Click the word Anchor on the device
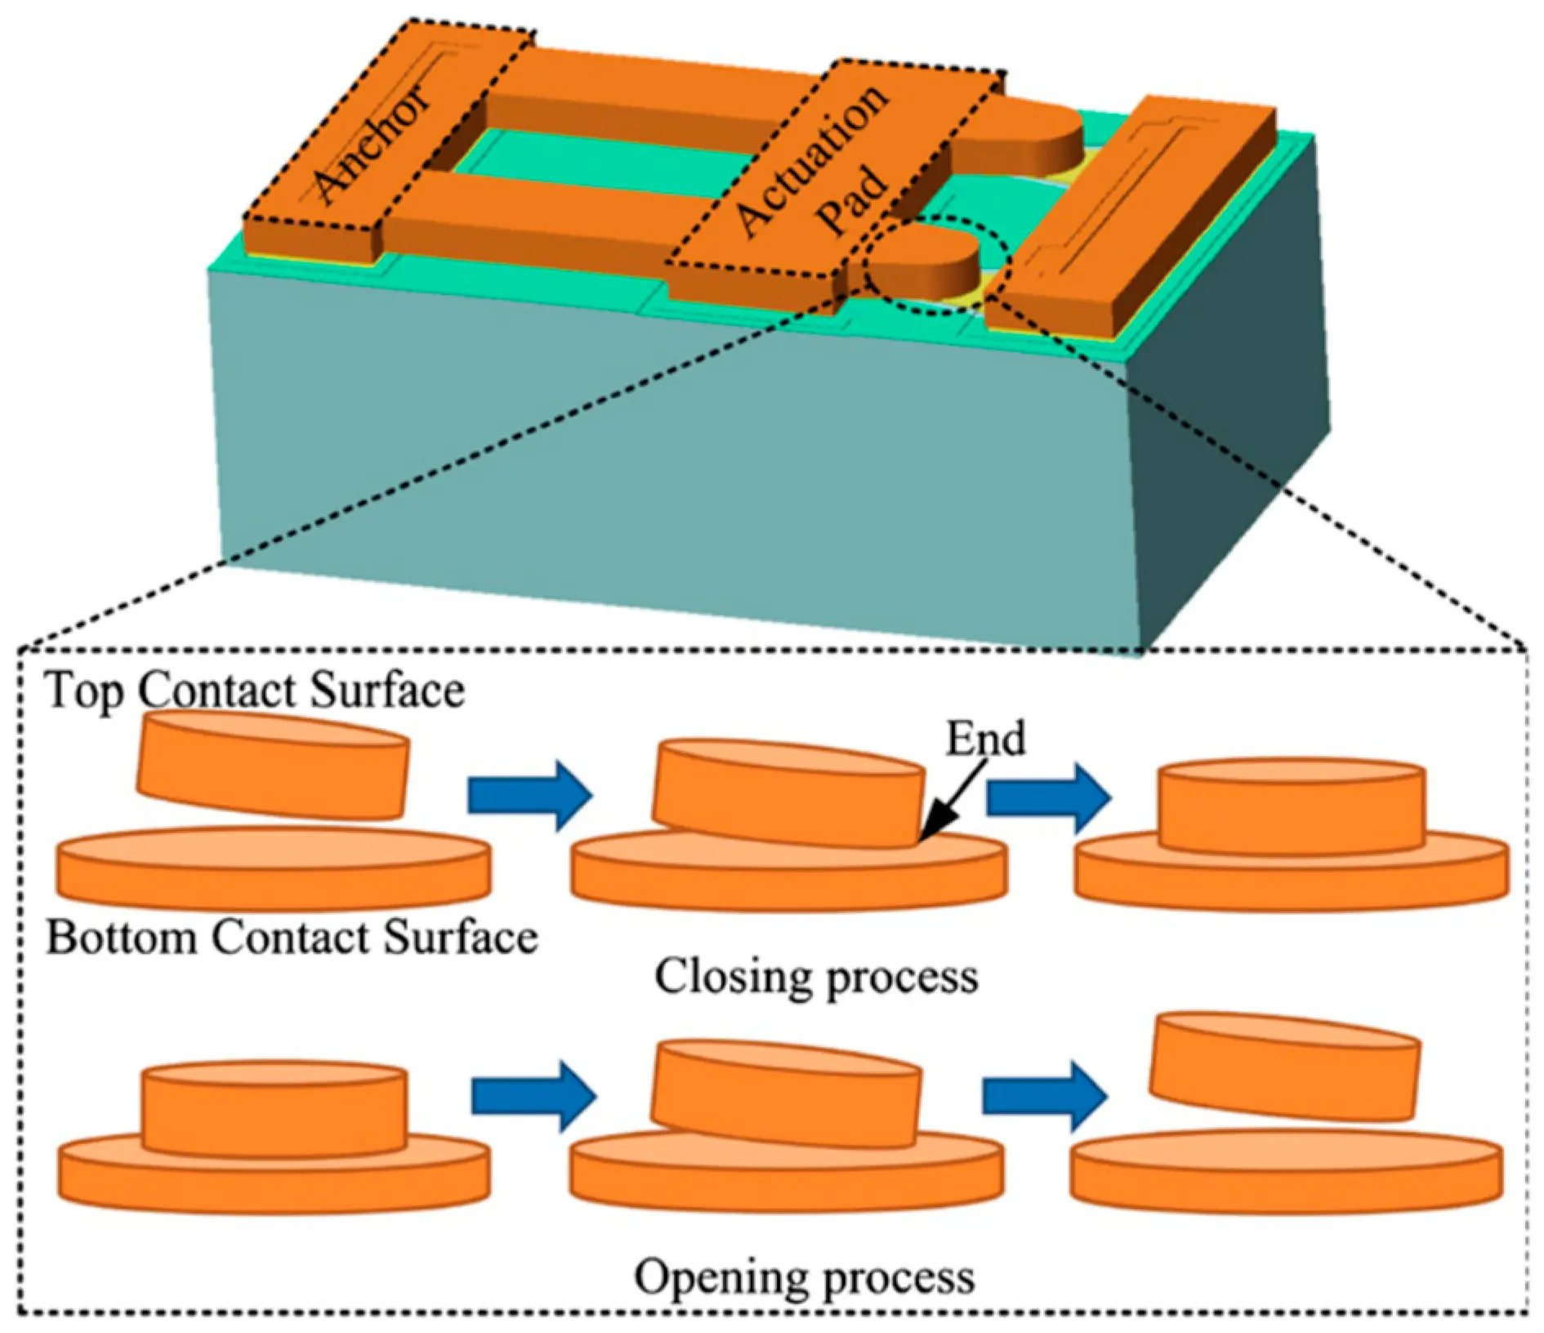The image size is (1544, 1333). [x=372, y=142]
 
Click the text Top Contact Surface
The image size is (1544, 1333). [x=255, y=691]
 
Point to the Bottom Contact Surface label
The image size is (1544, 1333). [x=292, y=937]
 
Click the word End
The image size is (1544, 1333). [x=985, y=739]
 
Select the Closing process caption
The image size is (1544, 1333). [x=816, y=977]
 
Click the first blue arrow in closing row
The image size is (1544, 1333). [x=529, y=795]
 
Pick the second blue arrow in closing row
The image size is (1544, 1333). [x=1048, y=797]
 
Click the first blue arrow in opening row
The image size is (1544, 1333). [x=534, y=1096]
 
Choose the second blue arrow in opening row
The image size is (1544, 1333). [x=1045, y=1095]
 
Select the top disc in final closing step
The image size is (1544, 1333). [x=1292, y=807]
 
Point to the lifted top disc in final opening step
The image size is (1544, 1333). [x=1285, y=1066]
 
